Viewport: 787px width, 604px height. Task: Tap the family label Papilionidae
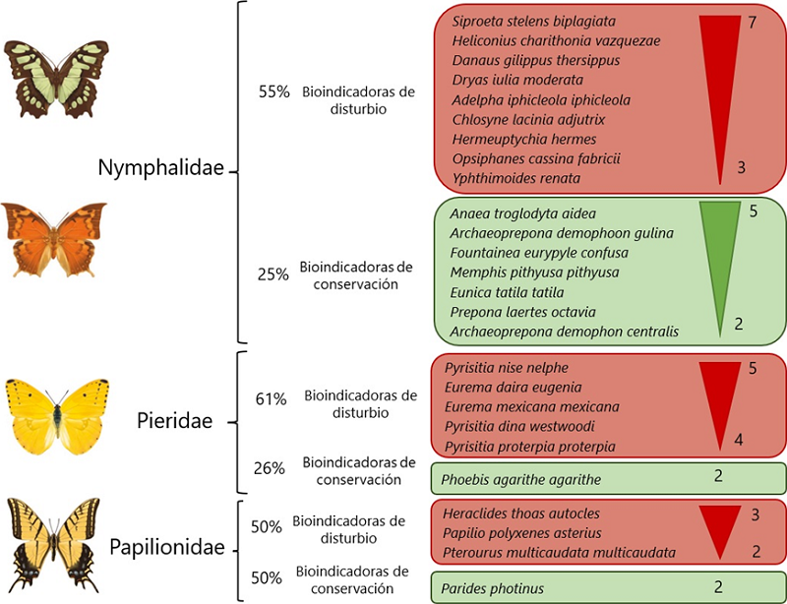click(167, 547)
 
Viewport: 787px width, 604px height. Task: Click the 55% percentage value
click(273, 91)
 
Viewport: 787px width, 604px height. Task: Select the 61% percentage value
click(271, 398)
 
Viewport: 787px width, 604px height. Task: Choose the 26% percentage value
click(270, 468)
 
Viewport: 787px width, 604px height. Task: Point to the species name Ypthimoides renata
click(516, 178)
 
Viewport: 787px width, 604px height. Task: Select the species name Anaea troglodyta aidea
click(522, 213)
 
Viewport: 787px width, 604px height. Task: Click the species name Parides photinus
click(493, 588)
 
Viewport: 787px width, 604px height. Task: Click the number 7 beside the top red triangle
click(752, 23)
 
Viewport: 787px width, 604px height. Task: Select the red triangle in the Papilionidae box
click(723, 527)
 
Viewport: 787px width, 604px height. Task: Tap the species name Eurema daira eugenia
click(513, 388)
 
